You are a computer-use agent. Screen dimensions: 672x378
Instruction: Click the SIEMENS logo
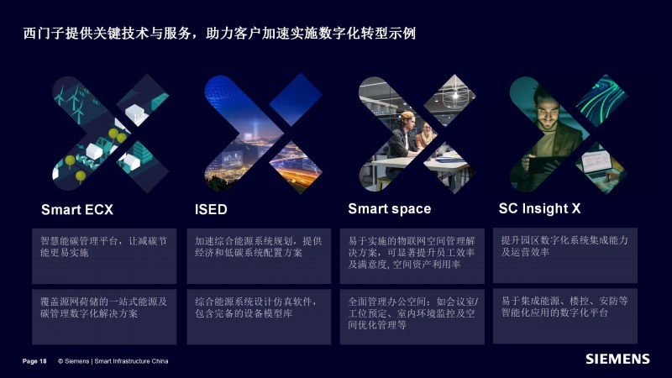617,360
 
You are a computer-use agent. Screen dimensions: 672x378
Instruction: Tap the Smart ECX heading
77,209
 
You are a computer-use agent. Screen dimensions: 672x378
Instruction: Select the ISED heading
211,209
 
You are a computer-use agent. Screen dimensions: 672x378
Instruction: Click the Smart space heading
389,208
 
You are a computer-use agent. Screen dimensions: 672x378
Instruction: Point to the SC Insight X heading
539,208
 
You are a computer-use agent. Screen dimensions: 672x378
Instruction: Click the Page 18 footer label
34,361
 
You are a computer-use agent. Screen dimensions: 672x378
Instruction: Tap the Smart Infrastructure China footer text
131,361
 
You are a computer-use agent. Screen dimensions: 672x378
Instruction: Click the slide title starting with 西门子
219,34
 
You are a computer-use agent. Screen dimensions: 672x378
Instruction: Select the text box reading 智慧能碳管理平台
104,256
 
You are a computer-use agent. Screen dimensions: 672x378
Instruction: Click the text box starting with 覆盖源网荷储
104,317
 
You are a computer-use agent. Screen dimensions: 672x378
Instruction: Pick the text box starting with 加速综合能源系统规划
259,256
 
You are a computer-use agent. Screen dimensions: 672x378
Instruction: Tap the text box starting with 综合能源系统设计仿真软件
259,317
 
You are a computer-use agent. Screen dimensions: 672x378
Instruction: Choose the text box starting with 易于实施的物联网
412,256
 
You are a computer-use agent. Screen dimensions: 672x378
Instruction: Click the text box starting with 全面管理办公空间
412,317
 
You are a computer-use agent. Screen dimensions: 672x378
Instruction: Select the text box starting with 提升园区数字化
565,255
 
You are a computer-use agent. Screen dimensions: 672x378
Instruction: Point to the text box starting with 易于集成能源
565,316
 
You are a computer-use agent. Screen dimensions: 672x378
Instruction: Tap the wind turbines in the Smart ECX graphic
72,102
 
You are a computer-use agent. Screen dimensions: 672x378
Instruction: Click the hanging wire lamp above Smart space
454,97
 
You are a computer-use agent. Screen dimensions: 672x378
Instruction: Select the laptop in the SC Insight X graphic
596,164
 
